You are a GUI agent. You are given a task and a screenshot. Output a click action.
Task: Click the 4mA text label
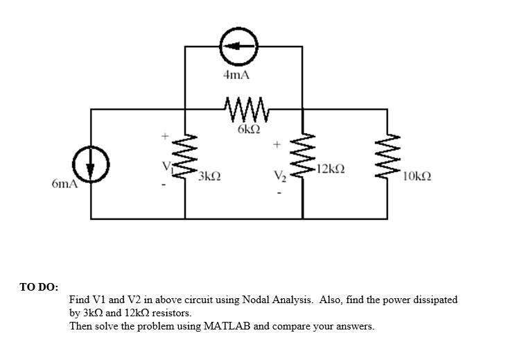click(236, 75)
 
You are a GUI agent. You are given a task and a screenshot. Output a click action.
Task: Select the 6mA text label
click(64, 185)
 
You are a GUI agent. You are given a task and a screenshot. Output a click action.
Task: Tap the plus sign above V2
click(277, 146)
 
